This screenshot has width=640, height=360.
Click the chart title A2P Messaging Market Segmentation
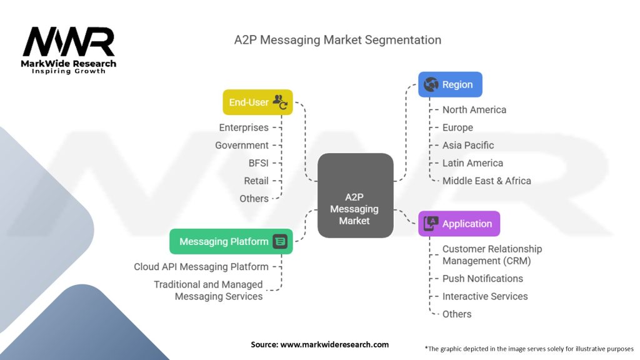[x=337, y=40]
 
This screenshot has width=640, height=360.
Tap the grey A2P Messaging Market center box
[x=356, y=196]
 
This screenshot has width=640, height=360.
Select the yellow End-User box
[x=257, y=102]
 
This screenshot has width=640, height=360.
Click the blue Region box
[x=450, y=84]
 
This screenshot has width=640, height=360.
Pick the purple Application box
[x=459, y=224]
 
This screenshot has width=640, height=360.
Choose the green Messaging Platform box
[x=231, y=242]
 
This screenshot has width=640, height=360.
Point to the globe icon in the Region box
[x=431, y=84]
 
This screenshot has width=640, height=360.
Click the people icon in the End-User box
[x=281, y=102]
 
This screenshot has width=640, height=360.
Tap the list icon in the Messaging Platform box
[x=280, y=242]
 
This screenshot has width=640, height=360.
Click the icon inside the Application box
[x=431, y=224]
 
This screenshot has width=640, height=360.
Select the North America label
[x=474, y=110]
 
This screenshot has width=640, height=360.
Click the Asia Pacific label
[x=468, y=145]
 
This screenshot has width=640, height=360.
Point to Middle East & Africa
[x=487, y=181]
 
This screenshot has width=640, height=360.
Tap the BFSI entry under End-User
[x=258, y=163]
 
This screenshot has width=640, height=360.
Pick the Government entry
[x=242, y=145]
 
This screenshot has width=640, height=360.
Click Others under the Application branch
[x=457, y=314]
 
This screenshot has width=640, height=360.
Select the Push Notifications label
[x=483, y=279]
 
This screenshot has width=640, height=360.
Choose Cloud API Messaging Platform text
[x=201, y=267]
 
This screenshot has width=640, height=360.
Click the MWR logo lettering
[x=69, y=41]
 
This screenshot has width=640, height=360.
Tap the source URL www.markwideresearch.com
[x=334, y=344]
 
